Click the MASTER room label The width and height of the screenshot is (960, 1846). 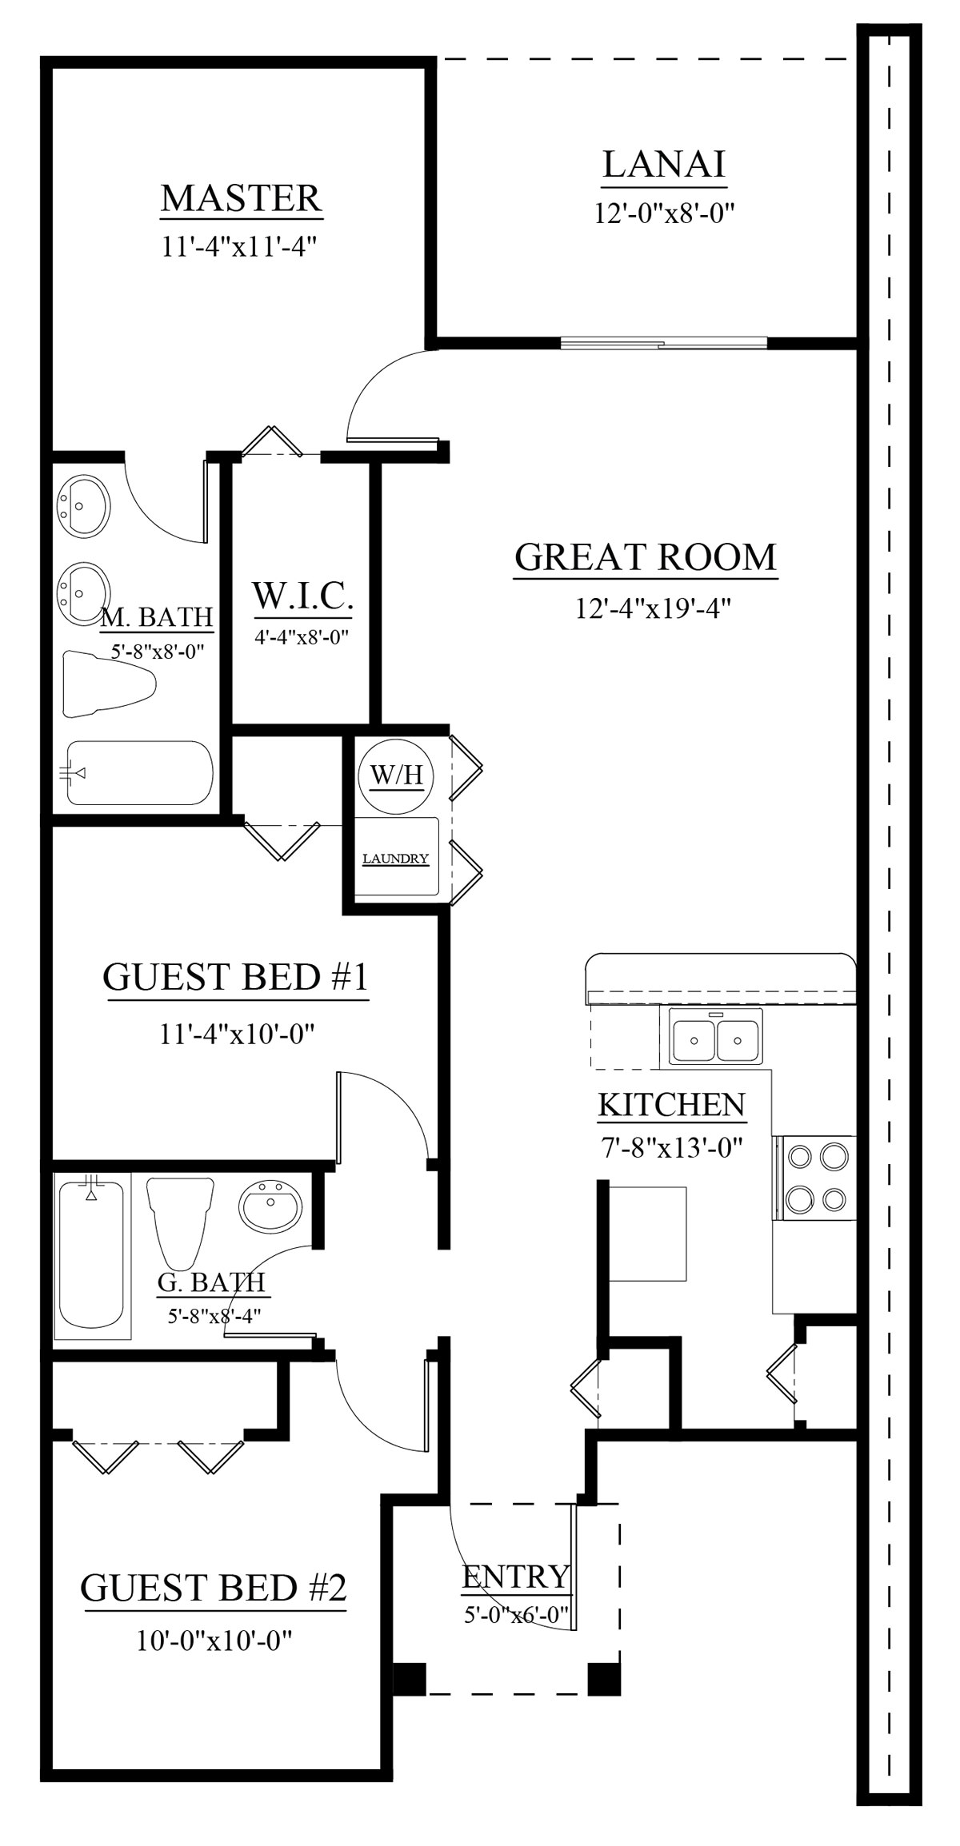point(241,198)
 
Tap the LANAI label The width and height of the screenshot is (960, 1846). point(664,165)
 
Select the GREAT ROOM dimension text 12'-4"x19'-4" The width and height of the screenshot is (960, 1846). point(654,608)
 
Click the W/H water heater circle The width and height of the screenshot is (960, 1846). point(396,775)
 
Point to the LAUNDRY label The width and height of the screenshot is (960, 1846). point(396,859)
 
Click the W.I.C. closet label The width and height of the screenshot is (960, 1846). point(303,596)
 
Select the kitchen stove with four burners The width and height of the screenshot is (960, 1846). point(814,1178)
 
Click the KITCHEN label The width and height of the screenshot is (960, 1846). point(672,1104)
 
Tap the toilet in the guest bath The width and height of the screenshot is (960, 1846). point(179,1222)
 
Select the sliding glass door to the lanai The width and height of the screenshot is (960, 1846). point(664,345)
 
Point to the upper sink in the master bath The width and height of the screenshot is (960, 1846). point(82,505)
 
